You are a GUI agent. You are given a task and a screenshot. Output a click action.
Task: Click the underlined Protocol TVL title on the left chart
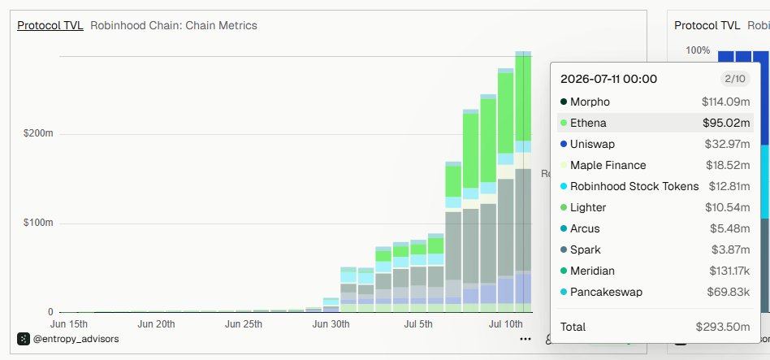(x=50, y=25)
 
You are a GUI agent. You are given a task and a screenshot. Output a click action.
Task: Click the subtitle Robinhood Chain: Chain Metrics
(x=173, y=25)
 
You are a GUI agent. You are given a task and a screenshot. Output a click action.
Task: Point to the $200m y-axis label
(x=38, y=133)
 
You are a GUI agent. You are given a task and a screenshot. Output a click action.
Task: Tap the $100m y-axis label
(x=38, y=223)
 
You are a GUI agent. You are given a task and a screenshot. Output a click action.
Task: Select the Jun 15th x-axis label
(x=69, y=324)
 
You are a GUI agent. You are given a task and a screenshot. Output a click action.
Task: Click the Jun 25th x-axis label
(x=243, y=324)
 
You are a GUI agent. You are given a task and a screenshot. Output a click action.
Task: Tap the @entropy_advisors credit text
(x=76, y=339)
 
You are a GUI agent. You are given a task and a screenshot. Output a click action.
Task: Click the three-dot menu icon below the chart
(x=526, y=339)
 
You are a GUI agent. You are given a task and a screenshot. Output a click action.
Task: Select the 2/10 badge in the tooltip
(x=735, y=79)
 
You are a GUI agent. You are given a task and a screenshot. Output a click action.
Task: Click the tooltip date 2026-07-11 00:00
(x=608, y=79)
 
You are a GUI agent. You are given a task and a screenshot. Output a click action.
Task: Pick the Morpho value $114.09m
(x=726, y=102)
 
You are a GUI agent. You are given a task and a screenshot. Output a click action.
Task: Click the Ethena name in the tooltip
(x=588, y=123)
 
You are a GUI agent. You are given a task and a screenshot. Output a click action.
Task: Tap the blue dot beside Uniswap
(x=563, y=145)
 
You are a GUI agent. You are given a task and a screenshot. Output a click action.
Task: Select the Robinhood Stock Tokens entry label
(x=634, y=187)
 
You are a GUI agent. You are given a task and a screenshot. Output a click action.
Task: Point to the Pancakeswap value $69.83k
(x=729, y=293)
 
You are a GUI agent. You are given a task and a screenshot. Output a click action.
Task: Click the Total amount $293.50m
(x=723, y=327)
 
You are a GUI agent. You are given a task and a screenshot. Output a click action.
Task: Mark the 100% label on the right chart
(x=698, y=50)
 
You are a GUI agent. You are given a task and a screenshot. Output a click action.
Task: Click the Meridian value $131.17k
(x=729, y=271)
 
